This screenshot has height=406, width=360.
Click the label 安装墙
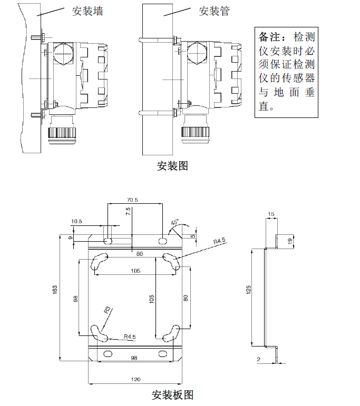click(x=87, y=12)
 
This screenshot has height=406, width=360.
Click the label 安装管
click(x=214, y=12)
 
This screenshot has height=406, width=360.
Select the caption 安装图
click(x=172, y=166)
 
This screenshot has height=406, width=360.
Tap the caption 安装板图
click(x=172, y=394)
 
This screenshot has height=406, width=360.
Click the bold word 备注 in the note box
click(x=271, y=37)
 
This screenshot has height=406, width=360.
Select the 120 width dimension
click(x=135, y=379)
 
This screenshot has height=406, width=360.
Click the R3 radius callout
click(x=108, y=310)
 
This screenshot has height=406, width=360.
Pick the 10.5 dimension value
click(x=77, y=222)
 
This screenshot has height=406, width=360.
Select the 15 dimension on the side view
click(x=271, y=214)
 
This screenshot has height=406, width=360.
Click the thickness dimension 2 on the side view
click(x=258, y=359)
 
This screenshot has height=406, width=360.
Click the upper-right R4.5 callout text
click(x=219, y=241)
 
